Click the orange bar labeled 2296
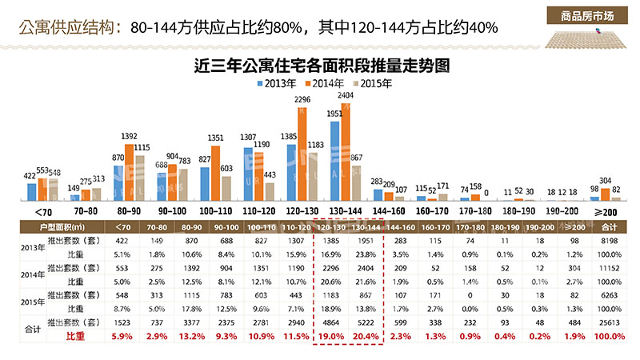coord(302,153)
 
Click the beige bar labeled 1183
coord(313,175)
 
